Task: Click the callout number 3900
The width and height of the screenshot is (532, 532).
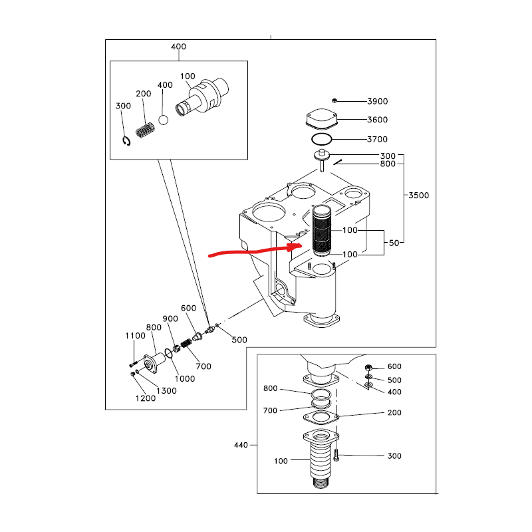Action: pos(377,102)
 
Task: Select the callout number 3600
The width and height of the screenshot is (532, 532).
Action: pos(377,120)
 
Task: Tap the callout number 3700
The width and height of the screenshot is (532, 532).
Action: pos(377,140)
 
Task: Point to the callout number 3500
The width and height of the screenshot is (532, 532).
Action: pos(419,196)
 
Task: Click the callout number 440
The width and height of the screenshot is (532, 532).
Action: pos(241,445)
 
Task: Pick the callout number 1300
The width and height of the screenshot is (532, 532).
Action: pos(166,391)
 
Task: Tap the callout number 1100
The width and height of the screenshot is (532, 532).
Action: pos(135,336)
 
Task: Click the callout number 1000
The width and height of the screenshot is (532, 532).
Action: pos(185,378)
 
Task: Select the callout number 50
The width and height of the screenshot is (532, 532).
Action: pos(394,243)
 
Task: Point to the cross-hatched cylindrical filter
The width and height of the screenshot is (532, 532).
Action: pos(321,231)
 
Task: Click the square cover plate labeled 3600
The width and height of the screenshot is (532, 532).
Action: pos(321,119)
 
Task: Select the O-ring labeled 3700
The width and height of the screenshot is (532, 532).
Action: pos(321,139)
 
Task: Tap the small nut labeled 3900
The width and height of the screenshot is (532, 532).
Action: pos(334,101)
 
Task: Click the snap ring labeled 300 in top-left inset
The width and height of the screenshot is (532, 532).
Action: pos(126,141)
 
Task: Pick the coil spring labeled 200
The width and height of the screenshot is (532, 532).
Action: pos(145,130)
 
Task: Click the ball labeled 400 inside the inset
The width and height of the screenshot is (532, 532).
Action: pos(163,120)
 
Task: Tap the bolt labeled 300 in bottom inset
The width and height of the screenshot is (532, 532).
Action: pos(336,455)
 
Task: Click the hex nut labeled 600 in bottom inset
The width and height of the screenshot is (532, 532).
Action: pos(368,368)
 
